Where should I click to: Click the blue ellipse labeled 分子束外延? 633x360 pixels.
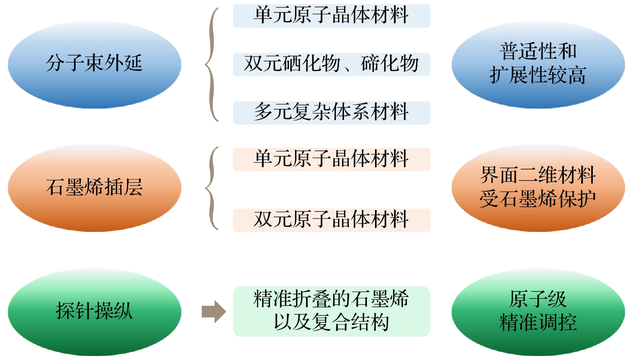coord(94,64)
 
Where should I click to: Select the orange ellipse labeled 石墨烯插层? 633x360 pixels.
coord(94,188)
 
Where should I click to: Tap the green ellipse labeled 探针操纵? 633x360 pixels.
coord(94,311)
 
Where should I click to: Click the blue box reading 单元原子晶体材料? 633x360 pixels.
coord(331,16)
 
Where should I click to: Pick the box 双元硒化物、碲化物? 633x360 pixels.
coord(331,64)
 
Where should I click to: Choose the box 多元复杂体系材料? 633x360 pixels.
coord(331,112)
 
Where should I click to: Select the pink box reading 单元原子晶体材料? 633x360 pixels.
coord(331,159)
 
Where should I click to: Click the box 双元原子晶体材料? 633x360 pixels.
coord(331,220)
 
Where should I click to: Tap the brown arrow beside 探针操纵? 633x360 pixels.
coord(214,311)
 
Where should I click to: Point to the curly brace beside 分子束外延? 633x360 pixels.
coord(211,64)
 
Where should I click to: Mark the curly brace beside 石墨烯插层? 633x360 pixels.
coord(211,188)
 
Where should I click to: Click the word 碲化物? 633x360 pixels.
coord(390,64)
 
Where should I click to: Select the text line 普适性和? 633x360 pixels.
coord(538,52)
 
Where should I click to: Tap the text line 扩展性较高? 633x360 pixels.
coord(538,76)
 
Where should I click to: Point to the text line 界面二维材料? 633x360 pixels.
coord(538,175)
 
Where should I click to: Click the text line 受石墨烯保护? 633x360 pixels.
coord(538,199)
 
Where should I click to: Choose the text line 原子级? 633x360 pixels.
coord(538,299)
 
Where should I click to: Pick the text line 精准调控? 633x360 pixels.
coord(538,323)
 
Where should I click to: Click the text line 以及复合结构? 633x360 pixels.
coord(331,323)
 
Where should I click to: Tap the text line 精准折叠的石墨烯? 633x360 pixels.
coord(331,299)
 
